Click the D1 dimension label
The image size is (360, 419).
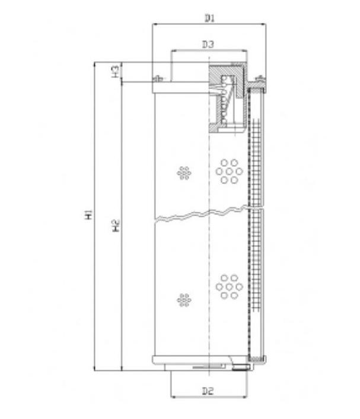[x=209, y=18]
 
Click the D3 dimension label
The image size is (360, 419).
[x=208, y=44]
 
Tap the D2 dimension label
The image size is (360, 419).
[x=208, y=391]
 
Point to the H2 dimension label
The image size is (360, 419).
[x=116, y=226]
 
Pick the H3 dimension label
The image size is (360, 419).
[x=115, y=71]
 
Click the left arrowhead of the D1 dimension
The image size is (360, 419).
[x=155, y=24]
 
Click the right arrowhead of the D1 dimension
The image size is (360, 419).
[x=263, y=24]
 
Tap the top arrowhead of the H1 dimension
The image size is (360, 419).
[x=94, y=65]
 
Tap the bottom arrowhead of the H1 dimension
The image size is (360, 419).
[x=94, y=368]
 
